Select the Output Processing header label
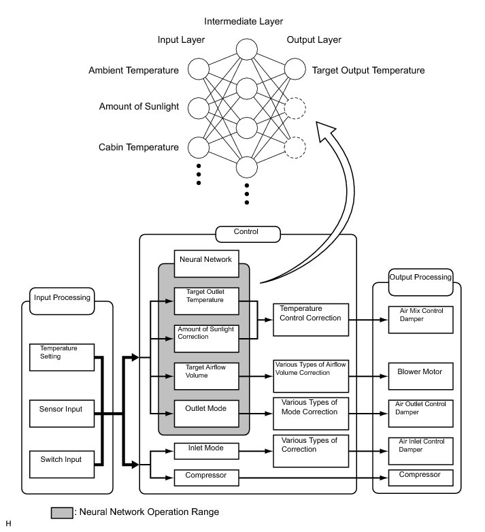coord(420,277)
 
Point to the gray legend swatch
coord(61,512)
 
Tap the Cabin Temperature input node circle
coord(198,146)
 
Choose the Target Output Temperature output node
coord(295,69)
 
